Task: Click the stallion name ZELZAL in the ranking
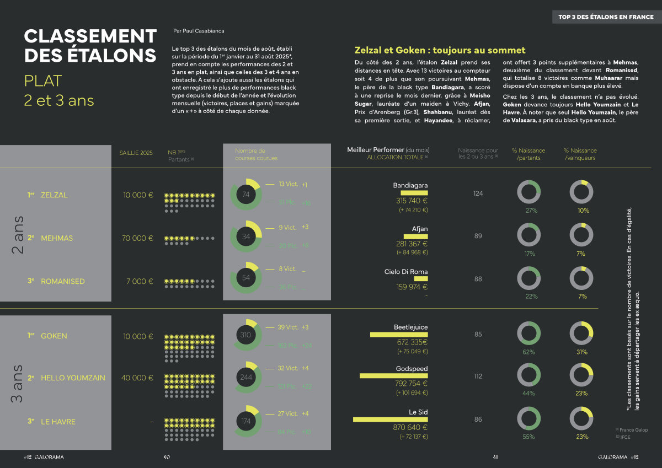coord(54,195)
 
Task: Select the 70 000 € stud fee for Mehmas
coord(137,238)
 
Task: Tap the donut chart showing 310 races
coord(245,335)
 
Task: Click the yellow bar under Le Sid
coord(390,419)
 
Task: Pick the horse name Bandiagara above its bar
coord(410,186)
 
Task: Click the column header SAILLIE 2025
coord(136,153)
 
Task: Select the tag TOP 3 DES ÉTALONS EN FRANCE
coord(606,17)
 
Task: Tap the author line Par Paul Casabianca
coord(199,31)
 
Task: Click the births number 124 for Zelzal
coord(478,193)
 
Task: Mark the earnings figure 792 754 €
coord(411,384)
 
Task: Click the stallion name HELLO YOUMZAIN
coord(73,378)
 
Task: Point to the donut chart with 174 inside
coord(245,422)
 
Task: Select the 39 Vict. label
coord(287,327)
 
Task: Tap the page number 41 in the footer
coord(495,457)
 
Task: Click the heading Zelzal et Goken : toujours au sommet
coord(440,50)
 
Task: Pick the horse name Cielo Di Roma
coord(405,272)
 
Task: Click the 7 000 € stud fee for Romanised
coord(139,281)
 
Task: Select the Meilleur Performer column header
coord(388,150)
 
